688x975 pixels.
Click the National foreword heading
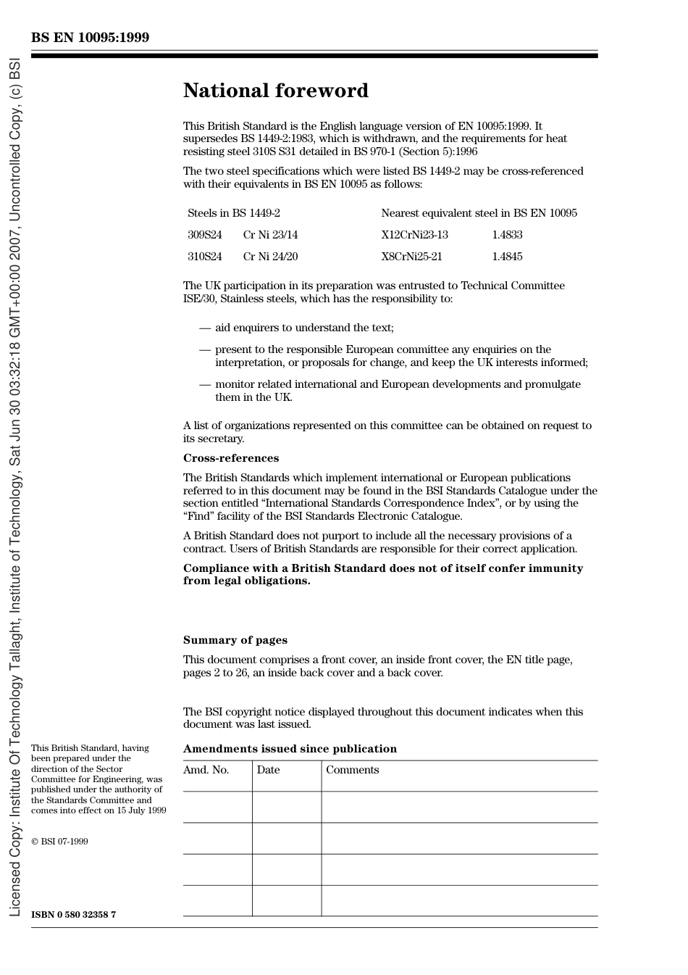pyautogui.click(x=275, y=91)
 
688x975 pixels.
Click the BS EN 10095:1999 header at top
pyautogui.click(x=90, y=38)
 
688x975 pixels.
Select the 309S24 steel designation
pyautogui.click(x=204, y=235)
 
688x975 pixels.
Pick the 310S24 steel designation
pyautogui.click(x=204, y=257)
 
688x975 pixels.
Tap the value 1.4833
pyautogui.click(x=507, y=235)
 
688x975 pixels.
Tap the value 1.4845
pyautogui.click(x=507, y=257)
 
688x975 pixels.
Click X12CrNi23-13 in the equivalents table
pyautogui.click(x=414, y=235)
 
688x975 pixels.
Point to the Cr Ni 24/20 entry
pyautogui.click(x=270, y=257)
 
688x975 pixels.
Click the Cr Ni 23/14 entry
pyautogui.click(x=270, y=235)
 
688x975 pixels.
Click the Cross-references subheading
pyautogui.click(x=230, y=458)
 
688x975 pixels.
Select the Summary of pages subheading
pyautogui.click(x=235, y=640)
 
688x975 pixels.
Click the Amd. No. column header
pyautogui.click(x=206, y=770)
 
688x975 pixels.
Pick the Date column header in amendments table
pyautogui.click(x=268, y=770)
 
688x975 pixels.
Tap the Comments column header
pyautogui.click(x=352, y=770)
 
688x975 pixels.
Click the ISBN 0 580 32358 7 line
pyautogui.click(x=73, y=914)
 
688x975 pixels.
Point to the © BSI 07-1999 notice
pyautogui.click(x=59, y=842)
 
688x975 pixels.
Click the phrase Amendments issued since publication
pyautogui.click(x=290, y=749)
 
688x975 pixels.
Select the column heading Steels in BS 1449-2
pyautogui.click(x=233, y=213)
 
